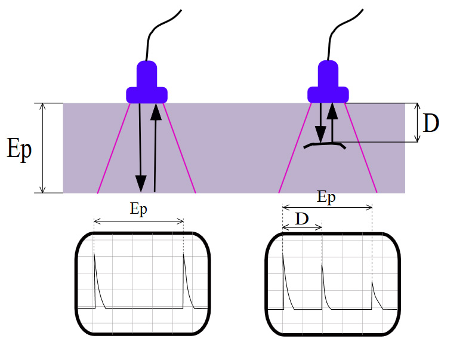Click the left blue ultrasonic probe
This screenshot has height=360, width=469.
pyautogui.click(x=147, y=84)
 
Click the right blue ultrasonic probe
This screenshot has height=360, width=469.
pyautogui.click(x=328, y=84)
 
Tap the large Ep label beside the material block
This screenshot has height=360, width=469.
pyautogui.click(x=20, y=149)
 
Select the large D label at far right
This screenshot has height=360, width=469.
pyautogui.click(x=431, y=123)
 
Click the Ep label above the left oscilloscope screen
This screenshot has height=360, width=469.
pyautogui.click(x=138, y=209)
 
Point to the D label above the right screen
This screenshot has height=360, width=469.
pyautogui.click(x=302, y=219)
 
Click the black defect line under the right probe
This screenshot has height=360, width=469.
pyautogui.click(x=324, y=144)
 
